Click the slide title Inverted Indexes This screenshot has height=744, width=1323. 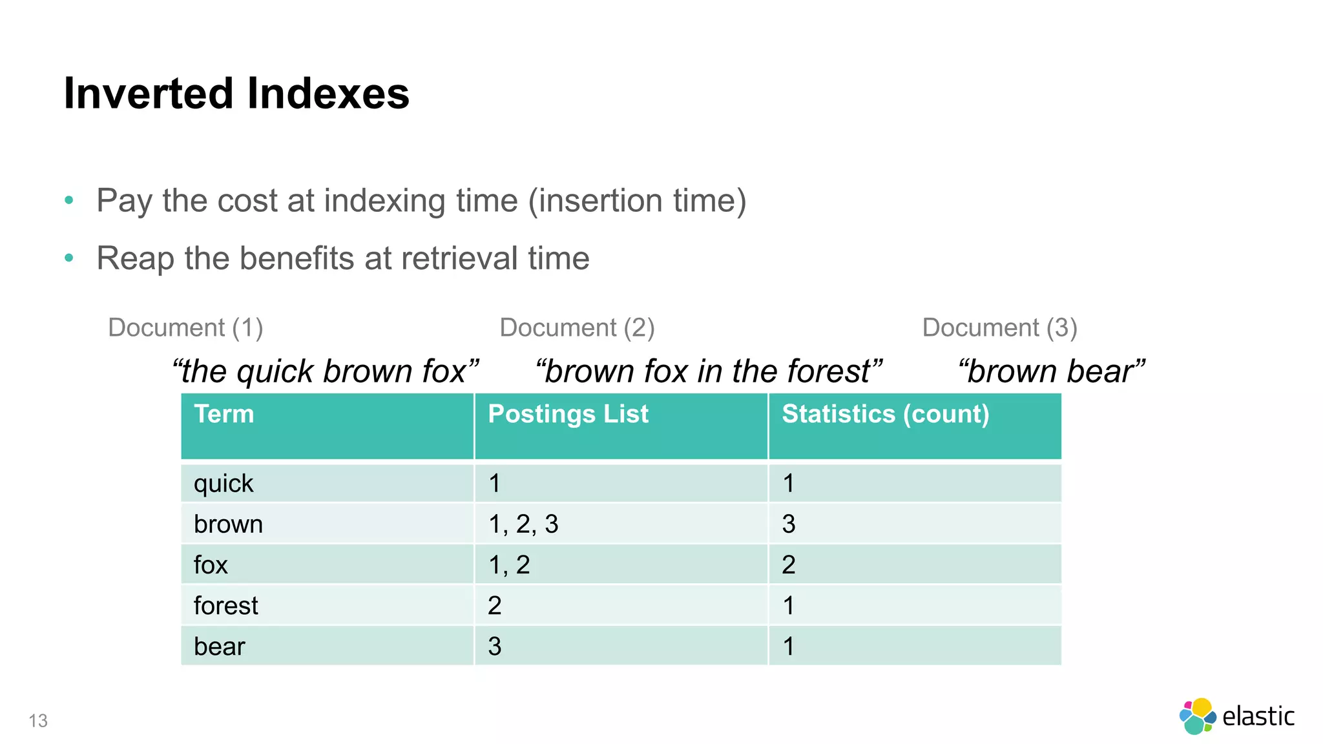click(x=236, y=94)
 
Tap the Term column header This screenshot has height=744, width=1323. click(x=224, y=414)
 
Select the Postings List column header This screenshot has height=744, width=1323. click(x=568, y=414)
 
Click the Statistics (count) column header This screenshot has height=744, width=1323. click(x=885, y=414)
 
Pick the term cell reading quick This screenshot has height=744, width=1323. click(x=224, y=484)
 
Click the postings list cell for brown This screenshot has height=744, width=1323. click(x=523, y=524)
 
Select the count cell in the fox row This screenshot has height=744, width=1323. click(x=789, y=565)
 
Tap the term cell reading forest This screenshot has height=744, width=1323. click(x=226, y=606)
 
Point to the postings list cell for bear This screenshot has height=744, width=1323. click(x=495, y=646)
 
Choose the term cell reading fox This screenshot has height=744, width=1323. click(x=211, y=565)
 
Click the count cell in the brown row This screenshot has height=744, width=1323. click(x=789, y=524)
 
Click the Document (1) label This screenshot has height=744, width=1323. click(x=185, y=327)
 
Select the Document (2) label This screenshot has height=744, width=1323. click(x=577, y=327)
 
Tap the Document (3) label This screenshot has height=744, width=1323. click(x=999, y=327)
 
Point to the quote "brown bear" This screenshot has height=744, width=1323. click(x=1051, y=371)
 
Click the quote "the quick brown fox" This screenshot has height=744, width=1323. click(x=326, y=371)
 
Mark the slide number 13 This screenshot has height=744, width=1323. click(x=38, y=721)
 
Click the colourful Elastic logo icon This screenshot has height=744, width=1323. click(x=1197, y=716)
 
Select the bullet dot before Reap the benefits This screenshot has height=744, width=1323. click(x=69, y=258)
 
